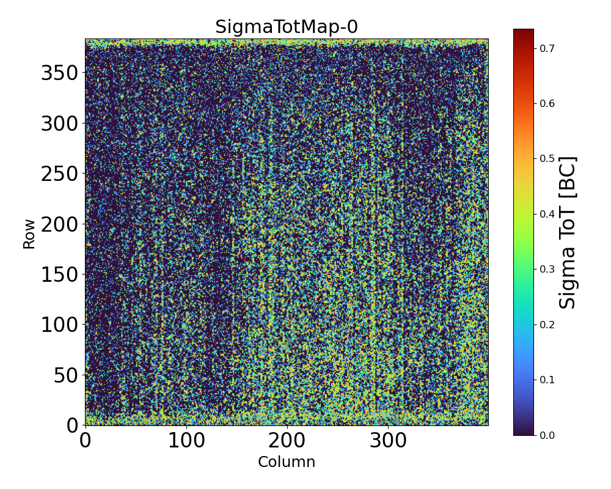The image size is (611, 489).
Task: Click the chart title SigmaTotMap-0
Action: pos(286,28)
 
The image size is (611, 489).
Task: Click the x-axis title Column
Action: pos(286,462)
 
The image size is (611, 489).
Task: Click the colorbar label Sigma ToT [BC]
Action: pos(568,232)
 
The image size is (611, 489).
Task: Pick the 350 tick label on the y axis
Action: pos(59,73)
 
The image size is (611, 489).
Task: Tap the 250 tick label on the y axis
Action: pos(59,174)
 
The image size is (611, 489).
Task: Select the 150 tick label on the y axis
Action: pos(59,274)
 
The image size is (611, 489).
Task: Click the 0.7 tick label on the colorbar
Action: pos(547,48)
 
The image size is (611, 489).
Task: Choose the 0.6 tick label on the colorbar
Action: pos(547,103)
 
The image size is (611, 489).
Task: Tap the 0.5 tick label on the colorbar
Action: pos(547,158)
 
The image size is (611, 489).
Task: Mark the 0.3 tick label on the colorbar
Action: pos(547,269)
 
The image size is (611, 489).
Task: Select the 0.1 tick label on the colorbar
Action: pos(547,380)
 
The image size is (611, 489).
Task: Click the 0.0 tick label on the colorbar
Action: pos(547,435)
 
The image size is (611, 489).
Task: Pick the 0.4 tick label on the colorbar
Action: pos(547,214)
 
